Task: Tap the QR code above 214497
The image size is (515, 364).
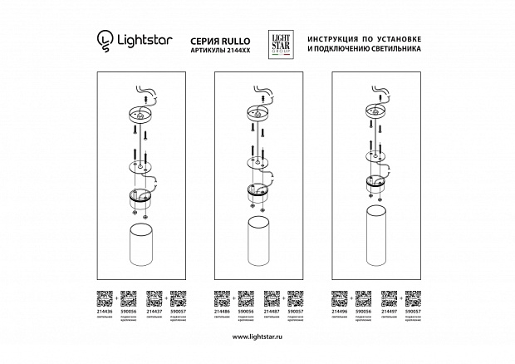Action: [x=389, y=295]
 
